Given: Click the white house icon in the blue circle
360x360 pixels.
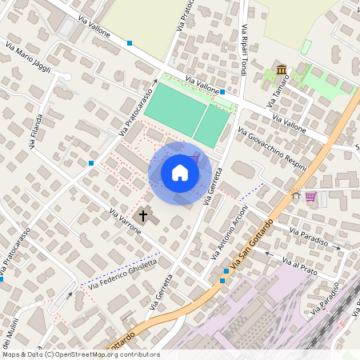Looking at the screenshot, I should click(x=180, y=172).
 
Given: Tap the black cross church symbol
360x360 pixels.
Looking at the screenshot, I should click(x=144, y=214).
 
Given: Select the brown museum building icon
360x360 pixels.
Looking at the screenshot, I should click(x=282, y=71).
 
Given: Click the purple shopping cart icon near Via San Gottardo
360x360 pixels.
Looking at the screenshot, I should click(x=310, y=196).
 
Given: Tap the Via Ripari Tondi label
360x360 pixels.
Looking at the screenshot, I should click(x=242, y=49).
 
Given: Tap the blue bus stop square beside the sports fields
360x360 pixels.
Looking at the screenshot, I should click(x=222, y=93).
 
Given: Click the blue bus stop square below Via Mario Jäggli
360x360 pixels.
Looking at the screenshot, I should click(x=92, y=163).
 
